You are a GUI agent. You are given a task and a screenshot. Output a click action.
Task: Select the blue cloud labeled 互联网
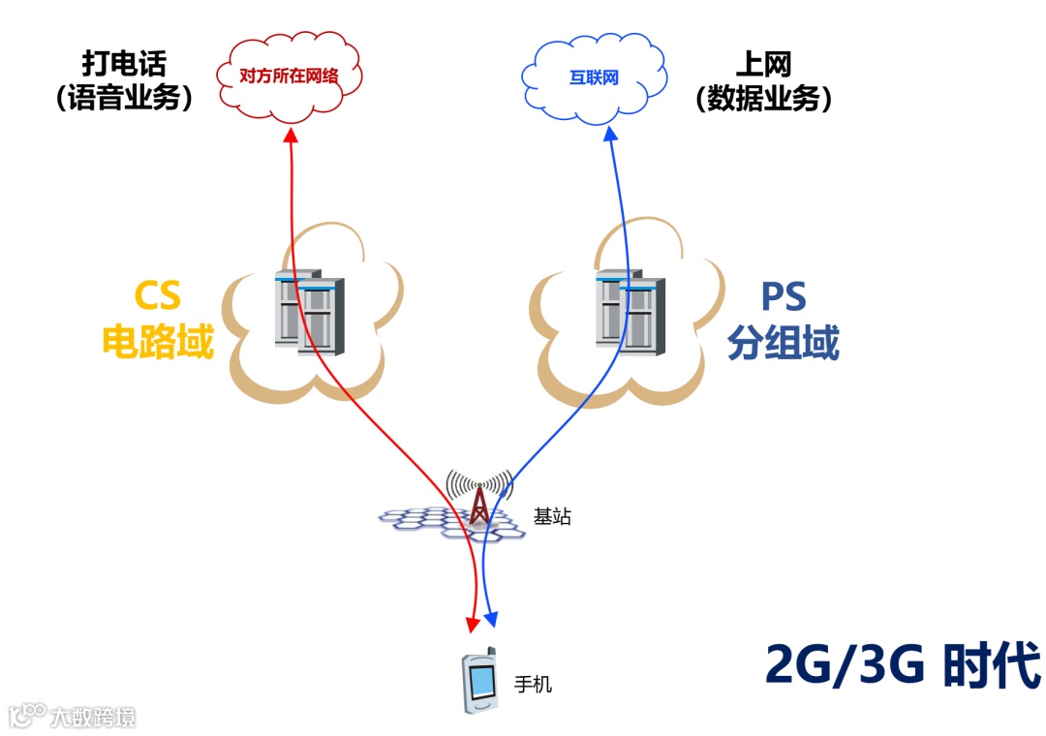[594, 77]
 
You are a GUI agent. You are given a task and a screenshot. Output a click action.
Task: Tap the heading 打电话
[124, 64]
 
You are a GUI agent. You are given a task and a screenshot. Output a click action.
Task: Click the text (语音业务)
[124, 98]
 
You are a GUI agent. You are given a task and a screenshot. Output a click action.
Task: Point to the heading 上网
[764, 64]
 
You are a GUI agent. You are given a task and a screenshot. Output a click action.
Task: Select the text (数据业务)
[764, 98]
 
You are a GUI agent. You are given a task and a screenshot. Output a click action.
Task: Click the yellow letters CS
[157, 295]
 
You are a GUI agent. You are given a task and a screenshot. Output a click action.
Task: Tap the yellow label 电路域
[157, 342]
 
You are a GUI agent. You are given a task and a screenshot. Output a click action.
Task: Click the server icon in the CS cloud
[309, 312]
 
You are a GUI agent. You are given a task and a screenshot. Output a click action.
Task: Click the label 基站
[552, 516]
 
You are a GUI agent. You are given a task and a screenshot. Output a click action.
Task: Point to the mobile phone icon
[479, 680]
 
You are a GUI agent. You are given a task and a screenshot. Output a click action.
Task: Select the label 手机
[533, 684]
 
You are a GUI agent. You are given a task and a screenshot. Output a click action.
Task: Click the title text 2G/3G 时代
[903, 664]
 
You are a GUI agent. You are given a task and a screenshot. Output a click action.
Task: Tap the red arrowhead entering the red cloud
[291, 137]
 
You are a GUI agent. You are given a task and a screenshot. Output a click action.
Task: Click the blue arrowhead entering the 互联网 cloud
[612, 137]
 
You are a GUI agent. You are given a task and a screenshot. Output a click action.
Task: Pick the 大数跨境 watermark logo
[73, 716]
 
